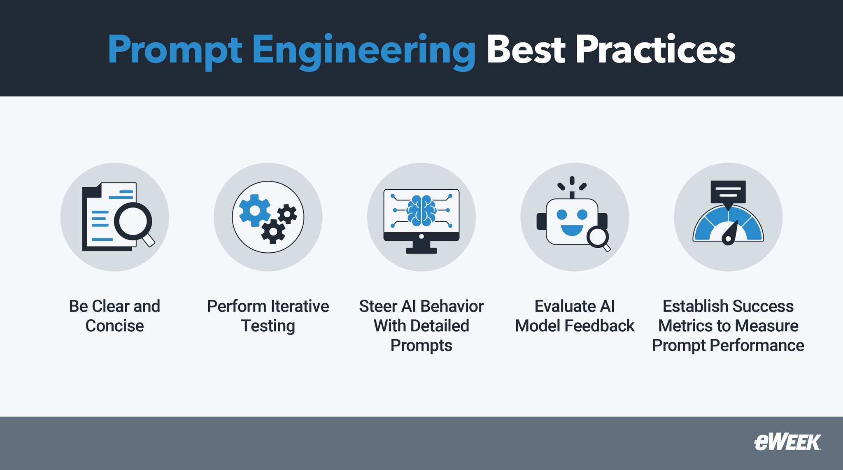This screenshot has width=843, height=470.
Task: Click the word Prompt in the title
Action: pyautogui.click(x=175, y=50)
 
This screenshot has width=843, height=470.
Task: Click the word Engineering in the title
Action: pyautogui.click(x=363, y=50)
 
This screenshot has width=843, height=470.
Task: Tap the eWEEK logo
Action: pyautogui.click(x=787, y=442)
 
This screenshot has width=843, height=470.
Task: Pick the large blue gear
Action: pyautogui.click(x=254, y=210)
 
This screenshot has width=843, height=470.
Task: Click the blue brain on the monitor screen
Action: pyautogui.click(x=421, y=210)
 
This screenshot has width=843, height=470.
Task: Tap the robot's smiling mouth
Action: pyautogui.click(x=572, y=230)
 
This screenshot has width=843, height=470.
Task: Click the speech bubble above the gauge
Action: pyautogui.click(x=728, y=192)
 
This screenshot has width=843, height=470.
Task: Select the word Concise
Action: pyautogui.click(x=114, y=326)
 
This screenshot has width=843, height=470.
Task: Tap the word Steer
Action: pyautogui.click(x=377, y=306)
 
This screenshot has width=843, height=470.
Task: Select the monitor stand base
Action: pyautogui.click(x=421, y=251)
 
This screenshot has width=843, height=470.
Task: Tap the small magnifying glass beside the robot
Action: pyautogui.click(x=598, y=238)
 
